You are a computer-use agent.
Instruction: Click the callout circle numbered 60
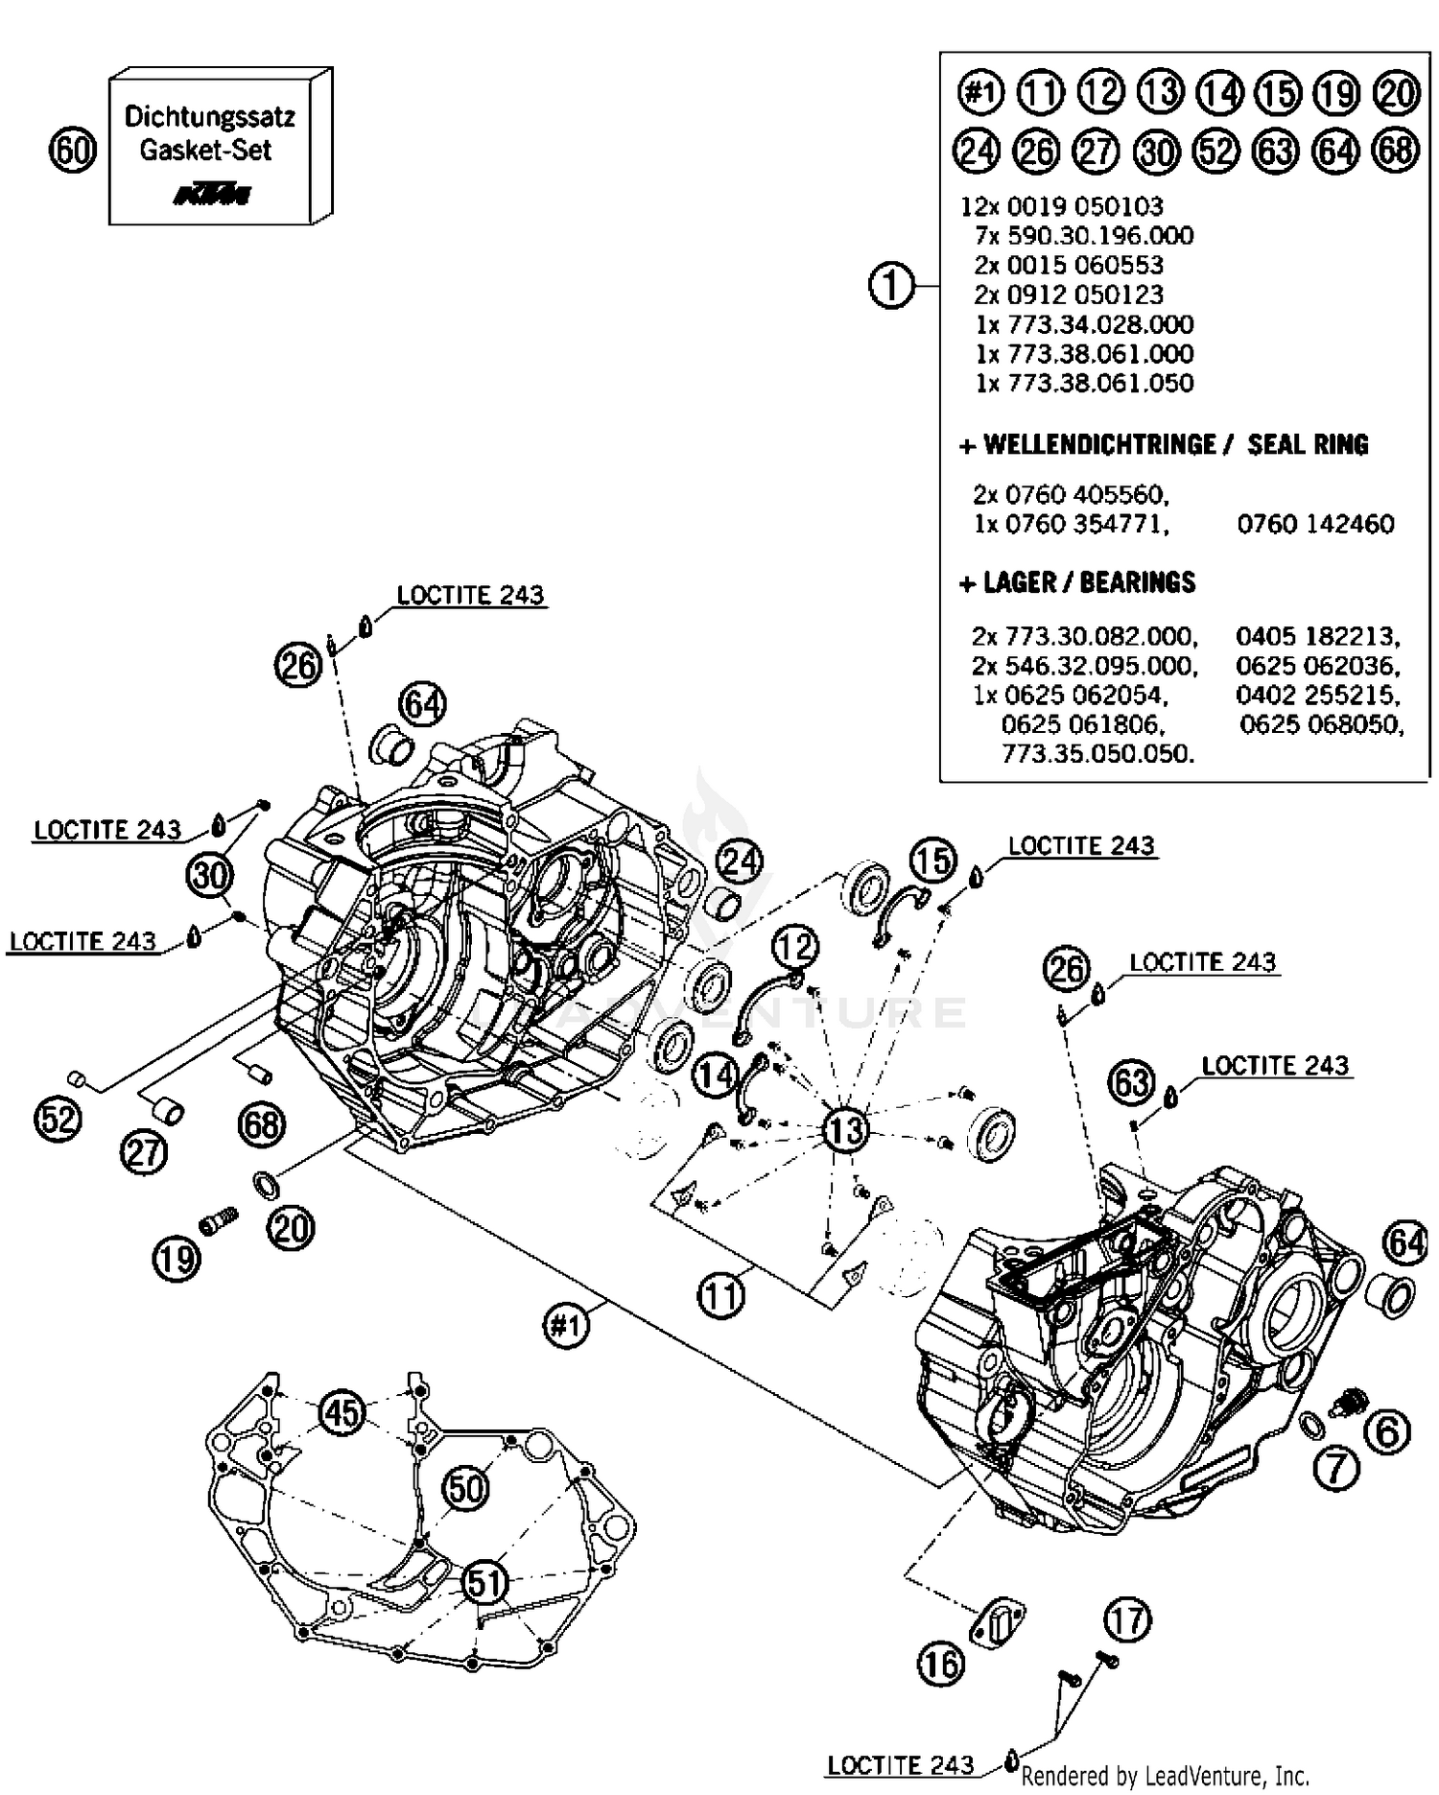(72, 151)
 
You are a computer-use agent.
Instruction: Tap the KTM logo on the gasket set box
(212, 196)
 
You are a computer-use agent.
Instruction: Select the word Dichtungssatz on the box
(209, 118)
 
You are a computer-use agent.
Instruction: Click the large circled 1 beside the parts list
(891, 285)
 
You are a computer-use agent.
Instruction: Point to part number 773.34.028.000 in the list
(1084, 324)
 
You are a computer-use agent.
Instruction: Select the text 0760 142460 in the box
(1315, 524)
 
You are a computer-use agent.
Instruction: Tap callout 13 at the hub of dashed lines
(845, 1129)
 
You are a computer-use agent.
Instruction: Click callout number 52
(58, 1119)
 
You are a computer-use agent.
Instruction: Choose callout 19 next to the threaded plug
(177, 1258)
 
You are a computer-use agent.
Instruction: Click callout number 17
(1126, 1620)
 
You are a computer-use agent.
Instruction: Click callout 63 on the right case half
(1132, 1082)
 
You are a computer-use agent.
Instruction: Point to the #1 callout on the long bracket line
(566, 1327)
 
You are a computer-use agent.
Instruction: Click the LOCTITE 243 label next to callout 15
(1081, 845)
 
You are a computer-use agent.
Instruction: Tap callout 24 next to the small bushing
(740, 862)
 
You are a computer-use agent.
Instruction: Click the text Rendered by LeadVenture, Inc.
(1165, 1776)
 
